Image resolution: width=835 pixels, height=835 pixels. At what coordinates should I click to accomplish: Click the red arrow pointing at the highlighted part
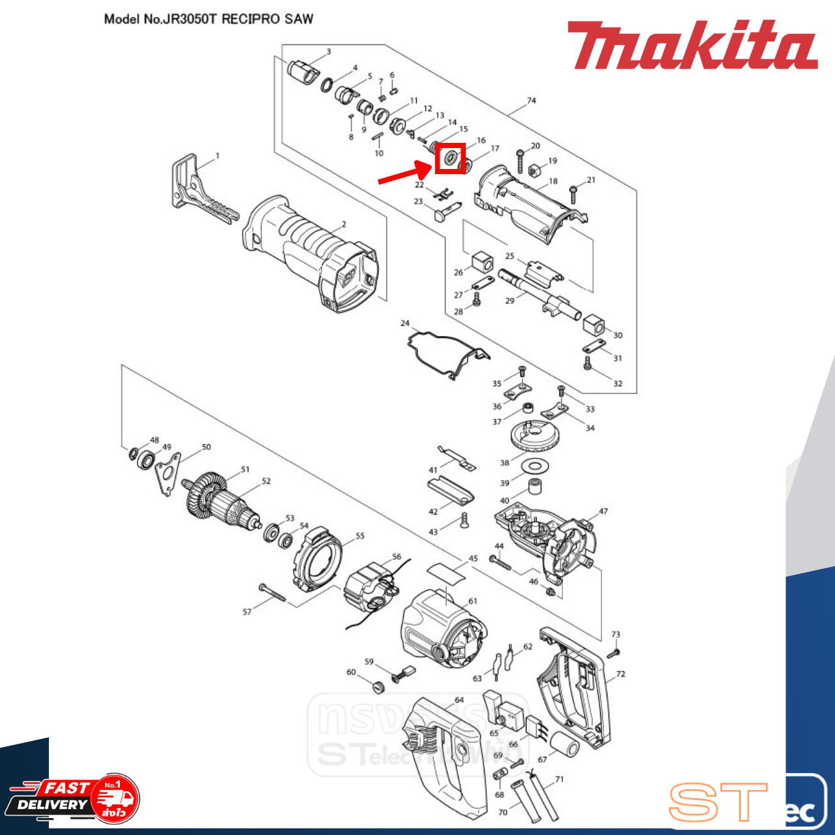[x=404, y=174]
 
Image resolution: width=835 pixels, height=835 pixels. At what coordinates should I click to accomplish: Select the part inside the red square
[x=450, y=159]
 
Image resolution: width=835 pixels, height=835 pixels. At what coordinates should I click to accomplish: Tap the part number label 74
[x=531, y=100]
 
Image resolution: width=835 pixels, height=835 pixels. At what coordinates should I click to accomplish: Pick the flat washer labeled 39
[x=536, y=465]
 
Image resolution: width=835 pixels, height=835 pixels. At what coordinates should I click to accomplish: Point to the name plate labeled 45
[x=447, y=572]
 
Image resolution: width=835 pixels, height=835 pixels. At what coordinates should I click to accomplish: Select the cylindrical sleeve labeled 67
[x=565, y=744]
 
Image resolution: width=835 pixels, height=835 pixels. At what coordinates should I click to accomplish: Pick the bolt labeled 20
[x=520, y=160]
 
